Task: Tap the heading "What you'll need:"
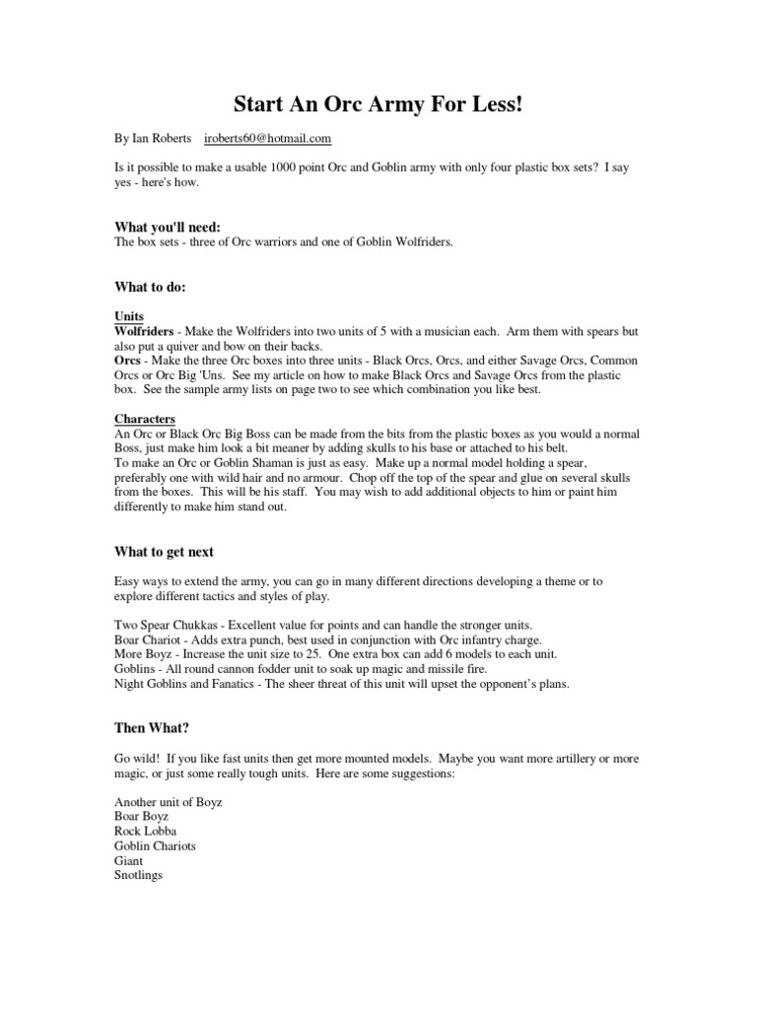point(168,228)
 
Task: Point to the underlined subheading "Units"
point(129,317)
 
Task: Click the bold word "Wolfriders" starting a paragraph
point(145,332)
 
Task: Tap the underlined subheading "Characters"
point(145,420)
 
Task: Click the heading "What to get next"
point(164,552)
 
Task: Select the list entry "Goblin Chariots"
point(155,846)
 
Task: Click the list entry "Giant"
point(129,861)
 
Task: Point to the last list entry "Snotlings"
point(139,875)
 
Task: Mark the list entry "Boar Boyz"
point(142,817)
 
